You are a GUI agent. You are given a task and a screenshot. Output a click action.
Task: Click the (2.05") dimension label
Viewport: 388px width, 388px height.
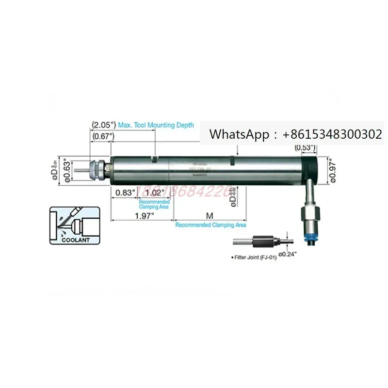[x=103, y=125]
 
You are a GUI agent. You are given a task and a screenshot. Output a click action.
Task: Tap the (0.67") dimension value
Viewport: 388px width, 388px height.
[x=103, y=137]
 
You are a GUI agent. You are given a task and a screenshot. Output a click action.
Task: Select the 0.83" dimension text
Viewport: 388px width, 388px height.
[x=125, y=193]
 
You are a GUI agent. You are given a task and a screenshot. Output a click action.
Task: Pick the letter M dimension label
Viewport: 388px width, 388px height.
[x=210, y=215]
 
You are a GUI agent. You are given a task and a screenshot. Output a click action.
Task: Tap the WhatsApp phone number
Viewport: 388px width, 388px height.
[x=328, y=134]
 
